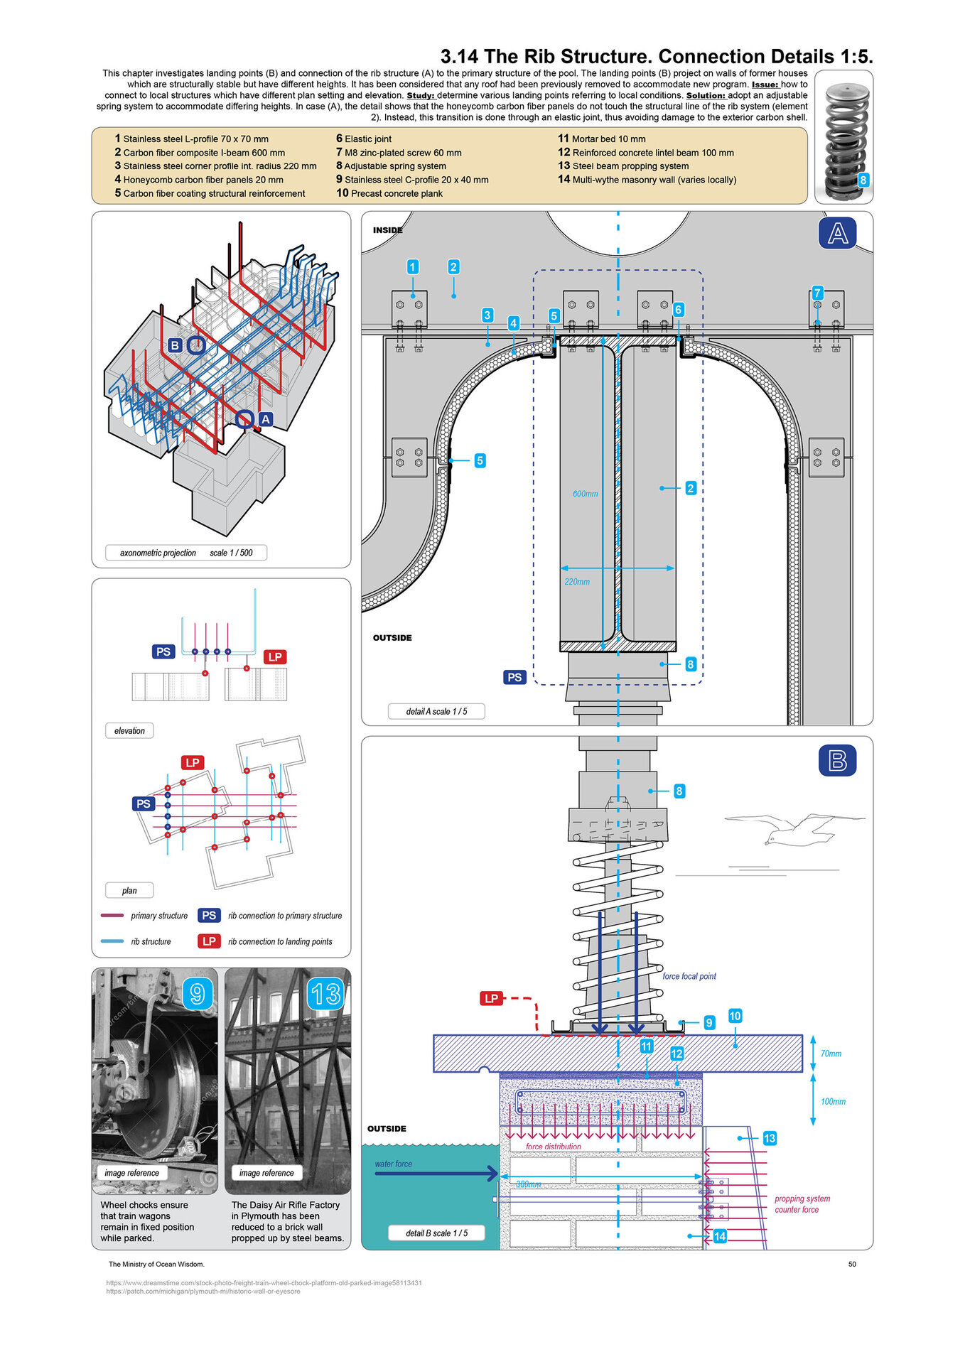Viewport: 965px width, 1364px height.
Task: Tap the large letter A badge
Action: point(837,234)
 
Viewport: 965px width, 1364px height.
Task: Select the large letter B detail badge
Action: point(837,761)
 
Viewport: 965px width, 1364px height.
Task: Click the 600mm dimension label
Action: point(585,494)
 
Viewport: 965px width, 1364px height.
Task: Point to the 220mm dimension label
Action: point(577,582)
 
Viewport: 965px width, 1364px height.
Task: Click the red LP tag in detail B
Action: point(491,998)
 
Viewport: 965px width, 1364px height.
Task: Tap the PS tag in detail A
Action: point(514,677)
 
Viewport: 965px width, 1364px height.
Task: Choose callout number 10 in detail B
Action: point(735,1016)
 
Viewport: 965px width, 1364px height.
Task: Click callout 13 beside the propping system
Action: point(770,1138)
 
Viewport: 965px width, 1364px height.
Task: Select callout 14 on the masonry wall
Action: point(720,1236)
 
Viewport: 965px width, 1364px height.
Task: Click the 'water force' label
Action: point(393,1164)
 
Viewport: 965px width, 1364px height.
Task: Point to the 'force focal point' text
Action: point(689,976)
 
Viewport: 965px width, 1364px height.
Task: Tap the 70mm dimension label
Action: point(831,1054)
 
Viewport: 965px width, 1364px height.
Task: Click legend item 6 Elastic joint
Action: point(364,139)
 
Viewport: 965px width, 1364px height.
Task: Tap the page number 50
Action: point(852,1264)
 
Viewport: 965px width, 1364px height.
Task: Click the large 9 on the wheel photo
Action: point(198,994)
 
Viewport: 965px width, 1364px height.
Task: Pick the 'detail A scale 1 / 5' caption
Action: point(436,711)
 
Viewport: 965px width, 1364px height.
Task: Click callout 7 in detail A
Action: point(817,293)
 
